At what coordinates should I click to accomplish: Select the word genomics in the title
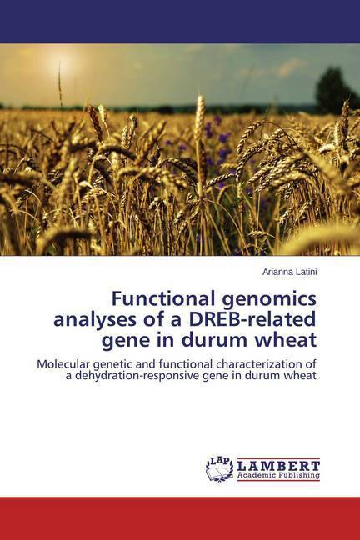pyautogui.click(x=269, y=300)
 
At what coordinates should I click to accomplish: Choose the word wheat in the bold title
pyautogui.click(x=282, y=340)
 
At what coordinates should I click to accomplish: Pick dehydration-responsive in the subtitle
pyautogui.click(x=135, y=376)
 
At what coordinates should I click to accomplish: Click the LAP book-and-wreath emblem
pyautogui.click(x=219, y=468)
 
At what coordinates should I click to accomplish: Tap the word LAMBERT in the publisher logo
pyautogui.click(x=278, y=466)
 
